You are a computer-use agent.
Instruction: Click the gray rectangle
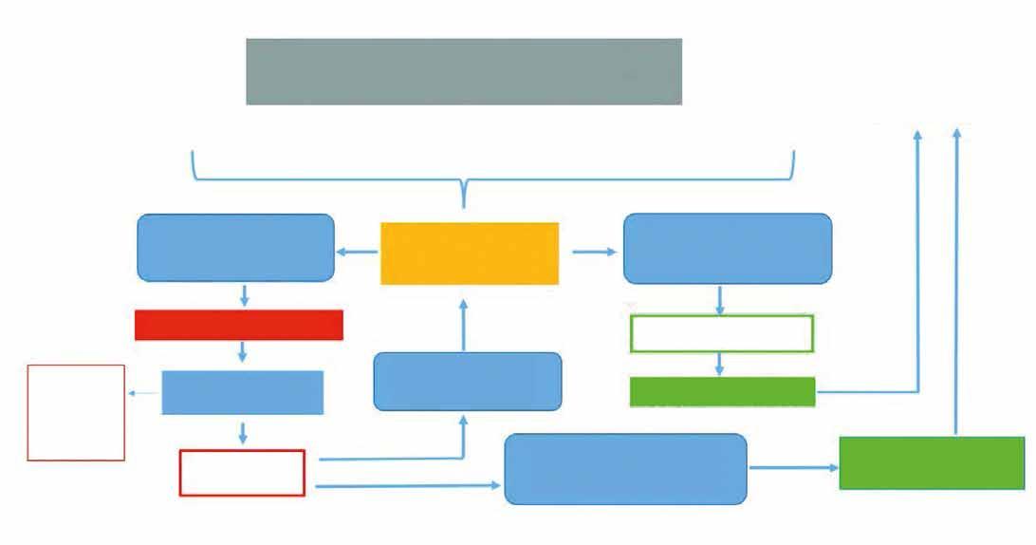click(x=464, y=71)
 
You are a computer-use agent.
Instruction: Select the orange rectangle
click(x=470, y=254)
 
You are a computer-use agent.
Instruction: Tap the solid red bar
click(x=239, y=325)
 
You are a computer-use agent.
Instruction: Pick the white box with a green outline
click(x=722, y=333)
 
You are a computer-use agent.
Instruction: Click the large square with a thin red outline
click(x=76, y=412)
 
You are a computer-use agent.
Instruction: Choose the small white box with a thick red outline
click(x=242, y=473)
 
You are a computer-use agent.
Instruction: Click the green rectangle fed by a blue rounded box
click(x=932, y=463)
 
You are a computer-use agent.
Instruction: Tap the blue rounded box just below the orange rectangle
click(x=468, y=382)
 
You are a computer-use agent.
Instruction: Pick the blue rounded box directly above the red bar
click(x=236, y=248)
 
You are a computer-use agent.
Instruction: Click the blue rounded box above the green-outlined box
click(x=728, y=249)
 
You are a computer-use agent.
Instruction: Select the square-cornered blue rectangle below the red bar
click(x=243, y=393)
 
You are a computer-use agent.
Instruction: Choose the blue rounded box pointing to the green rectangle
click(x=625, y=469)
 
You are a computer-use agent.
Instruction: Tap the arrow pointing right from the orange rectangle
click(x=594, y=253)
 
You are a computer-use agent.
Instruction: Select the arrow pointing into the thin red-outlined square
click(x=143, y=393)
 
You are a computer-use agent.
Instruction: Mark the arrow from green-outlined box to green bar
click(x=720, y=365)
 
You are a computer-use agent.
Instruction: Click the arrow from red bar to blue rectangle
click(x=243, y=351)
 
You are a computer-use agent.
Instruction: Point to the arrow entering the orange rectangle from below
click(x=464, y=324)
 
